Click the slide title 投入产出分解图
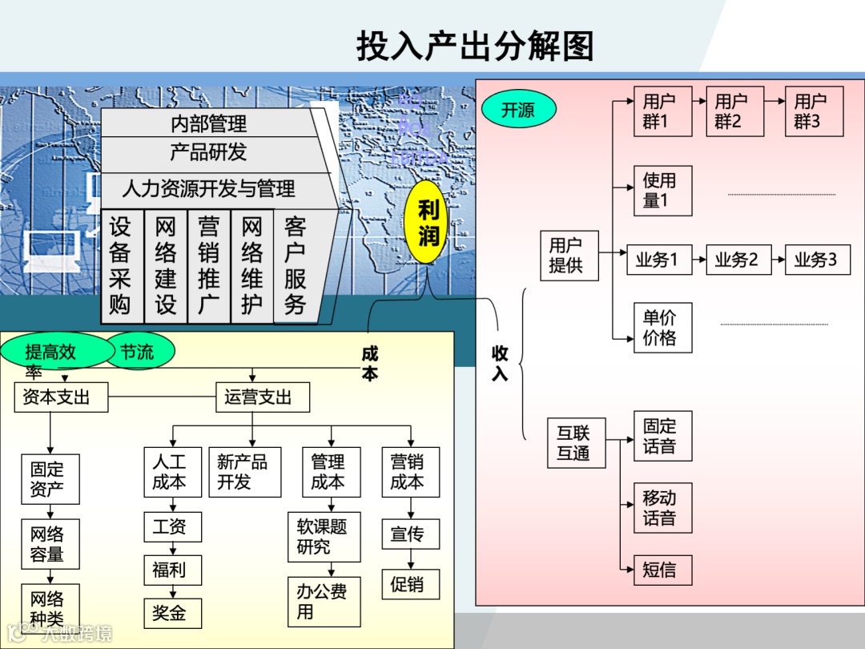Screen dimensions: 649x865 coord(475,46)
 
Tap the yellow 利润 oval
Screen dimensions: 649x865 coord(428,224)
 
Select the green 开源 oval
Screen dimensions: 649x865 coord(518,110)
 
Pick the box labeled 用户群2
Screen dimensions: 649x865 coord(734,111)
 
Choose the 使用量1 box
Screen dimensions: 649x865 coord(662,191)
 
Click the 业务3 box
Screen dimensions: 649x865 coord(817,260)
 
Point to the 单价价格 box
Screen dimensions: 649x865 coord(662,328)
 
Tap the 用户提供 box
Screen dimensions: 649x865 coord(569,256)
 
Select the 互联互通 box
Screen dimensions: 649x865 coord(575,443)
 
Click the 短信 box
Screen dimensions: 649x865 coord(662,570)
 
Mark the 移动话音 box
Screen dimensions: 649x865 coord(662,508)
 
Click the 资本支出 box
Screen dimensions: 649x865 coord(60,397)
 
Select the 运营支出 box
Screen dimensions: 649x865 coord(262,397)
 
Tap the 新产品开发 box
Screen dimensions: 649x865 coord(244,472)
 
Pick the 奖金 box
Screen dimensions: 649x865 coord(172,613)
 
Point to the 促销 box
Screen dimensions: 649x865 coord(410,584)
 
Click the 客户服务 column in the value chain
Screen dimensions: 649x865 coord(296,266)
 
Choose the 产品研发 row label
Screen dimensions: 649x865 coord(208,152)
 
